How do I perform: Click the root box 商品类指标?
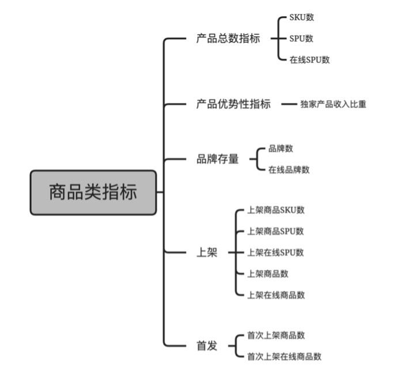93,193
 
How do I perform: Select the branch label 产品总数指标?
228,39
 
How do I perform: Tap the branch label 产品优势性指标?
233,104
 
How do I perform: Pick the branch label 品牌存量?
217,159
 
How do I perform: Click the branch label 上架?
207,253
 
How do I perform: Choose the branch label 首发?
207,346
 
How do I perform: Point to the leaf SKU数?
302,17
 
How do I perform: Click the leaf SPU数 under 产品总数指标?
301,39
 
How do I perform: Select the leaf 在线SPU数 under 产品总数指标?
309,59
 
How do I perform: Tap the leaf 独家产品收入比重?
333,104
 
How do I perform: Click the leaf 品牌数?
281,148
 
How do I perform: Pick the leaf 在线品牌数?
289,169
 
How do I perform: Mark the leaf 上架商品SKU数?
276,210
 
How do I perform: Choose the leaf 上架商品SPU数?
275,231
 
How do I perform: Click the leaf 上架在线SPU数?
275,253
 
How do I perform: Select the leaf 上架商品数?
268,274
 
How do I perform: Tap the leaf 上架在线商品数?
276,295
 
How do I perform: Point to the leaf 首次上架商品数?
276,335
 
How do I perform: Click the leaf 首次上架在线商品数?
284,356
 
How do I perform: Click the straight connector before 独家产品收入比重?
289,104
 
